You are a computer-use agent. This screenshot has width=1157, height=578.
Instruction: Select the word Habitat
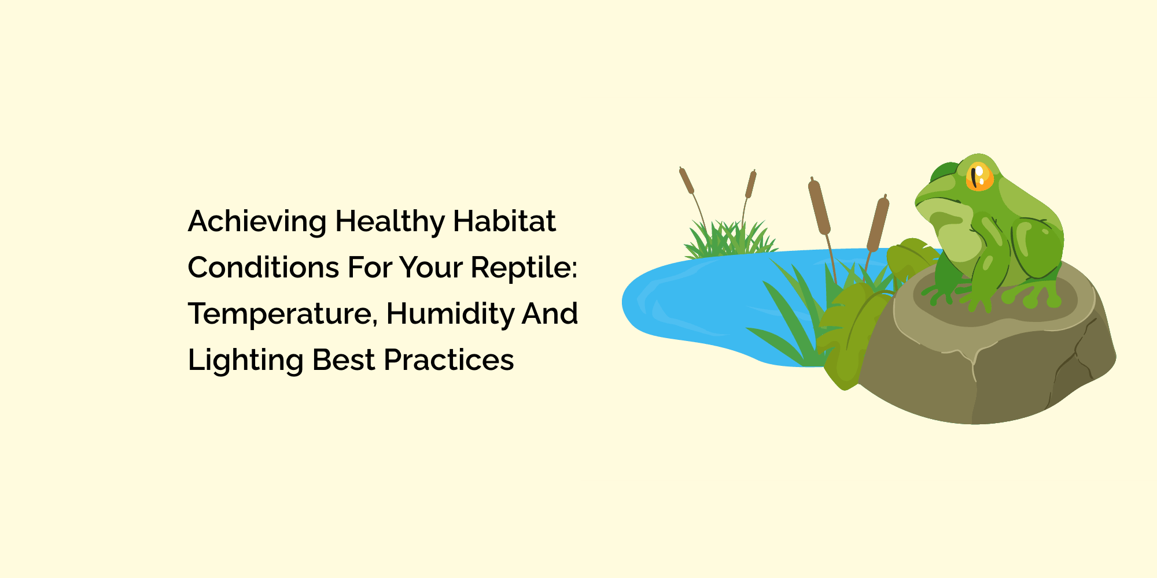pyautogui.click(x=504, y=221)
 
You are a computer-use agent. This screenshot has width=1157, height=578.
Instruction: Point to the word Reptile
pyautogui.click(x=523, y=268)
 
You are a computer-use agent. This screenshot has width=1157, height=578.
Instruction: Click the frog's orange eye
pyautogui.click(x=979, y=177)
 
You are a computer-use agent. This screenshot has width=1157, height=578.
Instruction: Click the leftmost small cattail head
pyautogui.click(x=687, y=181)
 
